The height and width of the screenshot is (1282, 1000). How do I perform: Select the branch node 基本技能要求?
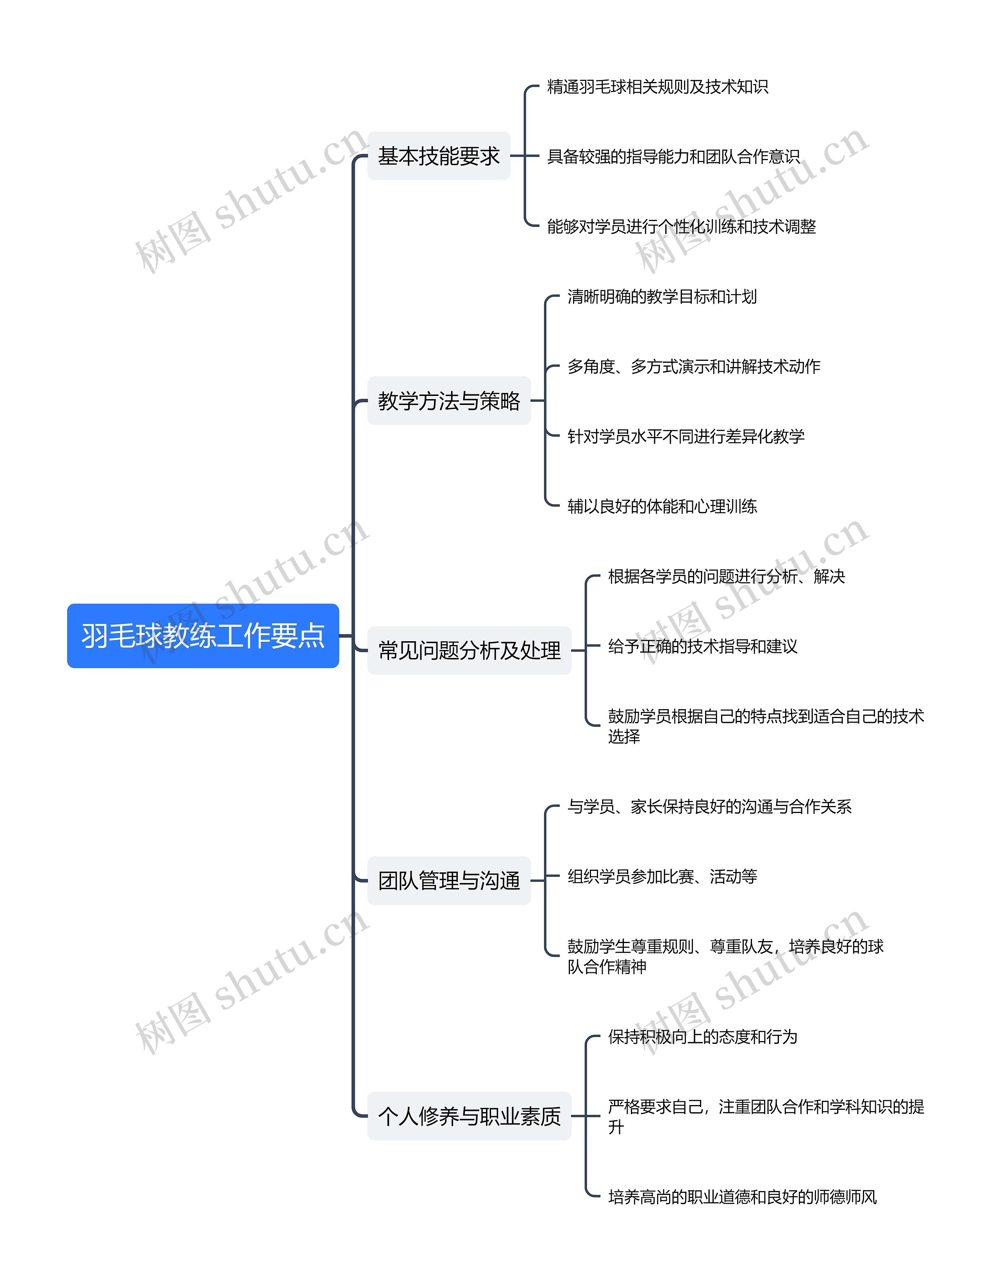pyautogui.click(x=439, y=156)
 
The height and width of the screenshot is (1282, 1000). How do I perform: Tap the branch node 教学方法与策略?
pyautogui.click(x=448, y=401)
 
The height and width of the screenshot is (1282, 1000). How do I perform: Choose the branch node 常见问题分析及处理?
pyautogui.click(x=469, y=651)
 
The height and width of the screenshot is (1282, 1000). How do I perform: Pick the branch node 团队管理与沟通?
pyautogui.click(x=448, y=881)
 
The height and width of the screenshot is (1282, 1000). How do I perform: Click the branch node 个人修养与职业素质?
pyautogui.click(x=469, y=1116)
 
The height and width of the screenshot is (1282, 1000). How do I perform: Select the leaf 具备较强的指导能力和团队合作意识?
pyautogui.click(x=673, y=157)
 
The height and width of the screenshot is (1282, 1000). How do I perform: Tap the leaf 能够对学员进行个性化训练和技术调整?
pyautogui.click(x=681, y=226)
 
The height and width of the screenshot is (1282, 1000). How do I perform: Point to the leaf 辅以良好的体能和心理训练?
pyautogui.click(x=662, y=506)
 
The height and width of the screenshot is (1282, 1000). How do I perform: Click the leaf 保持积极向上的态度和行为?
pyautogui.click(x=702, y=1037)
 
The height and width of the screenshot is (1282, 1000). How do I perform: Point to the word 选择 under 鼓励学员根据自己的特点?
pyautogui.click(x=623, y=737)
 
